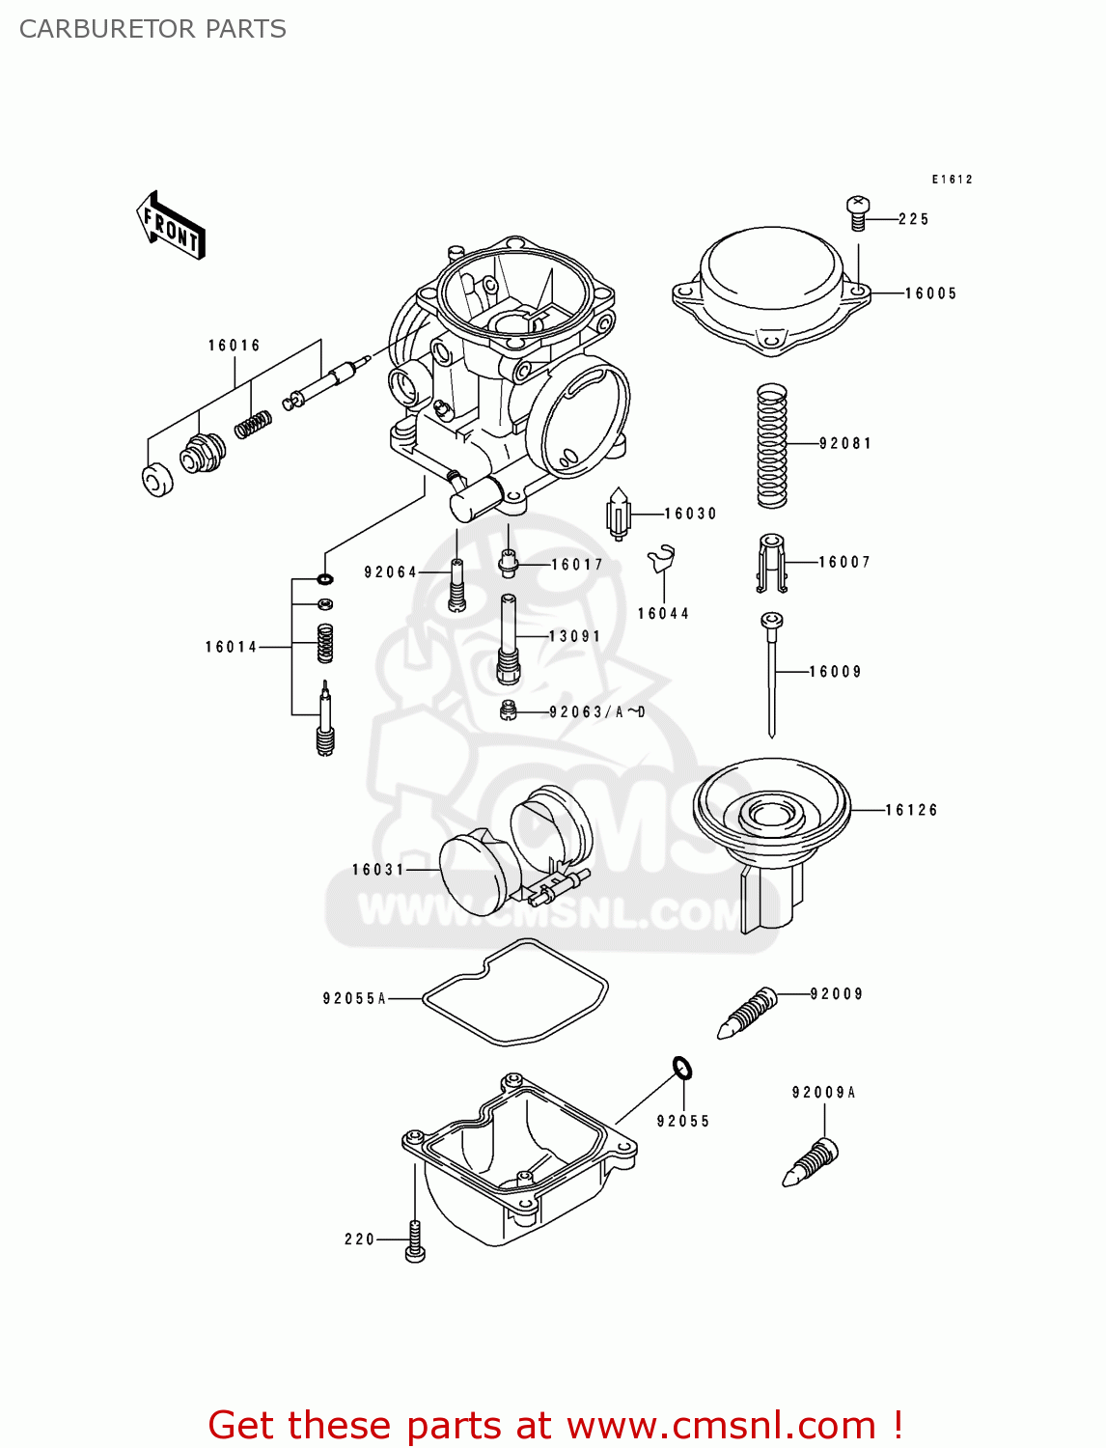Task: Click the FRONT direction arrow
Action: pos(171,225)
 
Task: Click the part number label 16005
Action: pos(930,293)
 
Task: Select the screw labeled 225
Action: pos(858,212)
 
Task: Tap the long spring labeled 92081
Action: pos(771,445)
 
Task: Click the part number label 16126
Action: pos(911,810)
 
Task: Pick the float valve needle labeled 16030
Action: pos(618,514)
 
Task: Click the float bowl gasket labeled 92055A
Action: pos(515,993)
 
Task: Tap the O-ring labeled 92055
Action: pos(682,1068)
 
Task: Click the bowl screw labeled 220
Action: pos(415,1239)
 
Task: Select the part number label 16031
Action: pos(377,870)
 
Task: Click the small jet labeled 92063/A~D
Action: pos(509,712)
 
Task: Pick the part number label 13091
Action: pos(574,636)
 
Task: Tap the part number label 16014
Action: pos(231,647)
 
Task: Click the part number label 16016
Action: pos(234,346)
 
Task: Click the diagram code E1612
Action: pos(952,180)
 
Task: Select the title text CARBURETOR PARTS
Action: pos(152,29)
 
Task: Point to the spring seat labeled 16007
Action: pos(770,563)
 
